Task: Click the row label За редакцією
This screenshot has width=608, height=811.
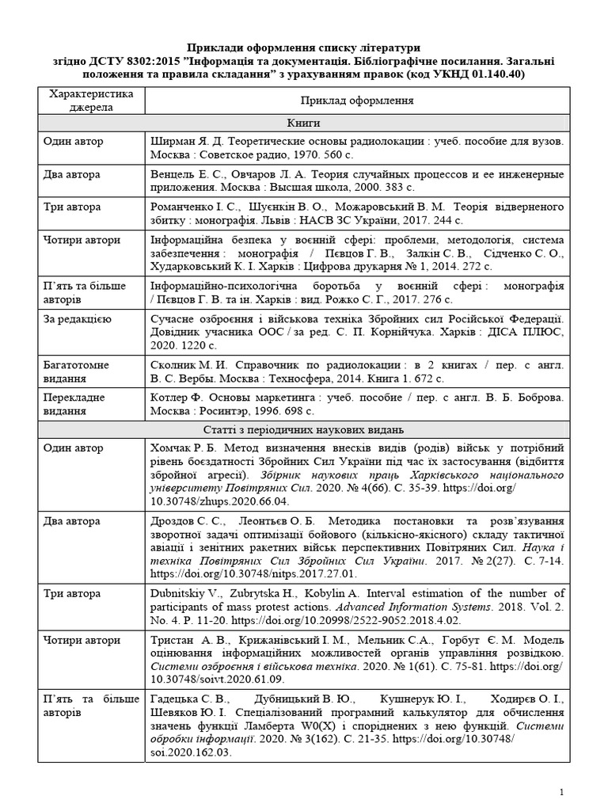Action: click(x=77, y=318)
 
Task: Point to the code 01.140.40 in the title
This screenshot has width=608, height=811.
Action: click(x=491, y=74)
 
